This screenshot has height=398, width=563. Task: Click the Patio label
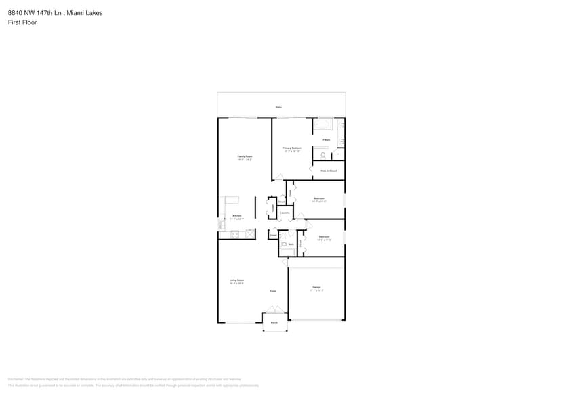click(278, 107)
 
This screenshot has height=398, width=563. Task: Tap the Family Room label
click(245, 156)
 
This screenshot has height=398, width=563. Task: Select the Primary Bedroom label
click(292, 148)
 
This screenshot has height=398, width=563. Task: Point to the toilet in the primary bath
click(323, 155)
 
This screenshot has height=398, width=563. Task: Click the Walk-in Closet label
click(329, 171)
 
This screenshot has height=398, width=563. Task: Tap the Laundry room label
click(285, 213)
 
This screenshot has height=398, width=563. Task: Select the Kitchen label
click(236, 216)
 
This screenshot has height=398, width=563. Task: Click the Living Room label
click(236, 280)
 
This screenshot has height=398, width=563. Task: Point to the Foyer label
click(273, 291)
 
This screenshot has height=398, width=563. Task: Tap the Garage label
click(316, 287)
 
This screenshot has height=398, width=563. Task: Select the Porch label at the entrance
click(274, 322)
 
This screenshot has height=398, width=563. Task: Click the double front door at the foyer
click(274, 310)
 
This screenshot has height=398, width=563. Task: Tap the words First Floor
click(23, 22)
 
